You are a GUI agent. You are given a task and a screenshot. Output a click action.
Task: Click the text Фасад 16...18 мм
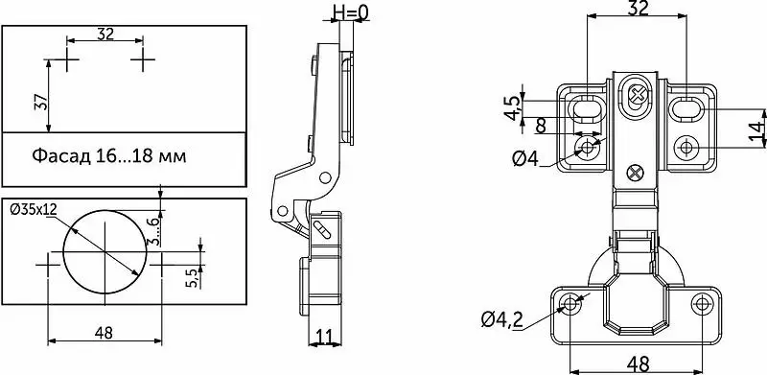[x=109, y=156]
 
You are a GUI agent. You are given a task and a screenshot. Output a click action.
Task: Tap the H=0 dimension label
[x=350, y=12]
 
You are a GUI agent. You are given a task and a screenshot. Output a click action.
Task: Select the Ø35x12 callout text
[x=34, y=209]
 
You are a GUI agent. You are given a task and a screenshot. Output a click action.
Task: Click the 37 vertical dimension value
[x=41, y=102]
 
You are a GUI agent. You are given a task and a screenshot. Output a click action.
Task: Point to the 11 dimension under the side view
[x=325, y=337]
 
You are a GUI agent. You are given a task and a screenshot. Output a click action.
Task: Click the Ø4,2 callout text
[x=501, y=320]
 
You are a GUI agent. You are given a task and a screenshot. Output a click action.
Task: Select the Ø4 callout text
[x=525, y=158]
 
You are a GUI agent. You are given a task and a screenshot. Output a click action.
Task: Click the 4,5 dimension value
[x=512, y=107]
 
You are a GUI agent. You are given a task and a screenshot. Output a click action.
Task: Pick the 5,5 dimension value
[x=193, y=277]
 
